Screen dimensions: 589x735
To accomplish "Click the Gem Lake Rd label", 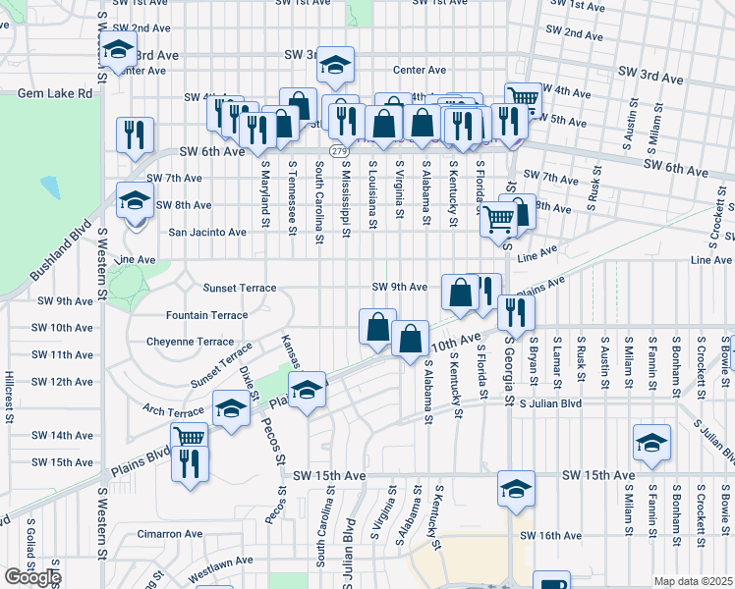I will pyautogui.click(x=54, y=93).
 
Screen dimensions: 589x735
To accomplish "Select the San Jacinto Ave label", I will pyautogui.click(x=207, y=233).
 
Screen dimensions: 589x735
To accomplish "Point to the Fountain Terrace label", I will pyautogui.click(x=206, y=315).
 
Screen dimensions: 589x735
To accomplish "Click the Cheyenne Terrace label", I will pyautogui.click(x=190, y=341).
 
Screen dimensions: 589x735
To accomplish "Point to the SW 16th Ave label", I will pyautogui.click(x=551, y=535).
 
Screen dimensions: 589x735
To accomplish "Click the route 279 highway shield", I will pyautogui.click(x=338, y=151).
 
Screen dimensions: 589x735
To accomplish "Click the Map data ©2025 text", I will pyautogui.click(x=693, y=581).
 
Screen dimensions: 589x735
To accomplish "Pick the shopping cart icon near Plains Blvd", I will pyautogui.click(x=190, y=437).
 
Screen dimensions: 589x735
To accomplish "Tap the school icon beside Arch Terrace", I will pyautogui.click(x=232, y=407).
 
